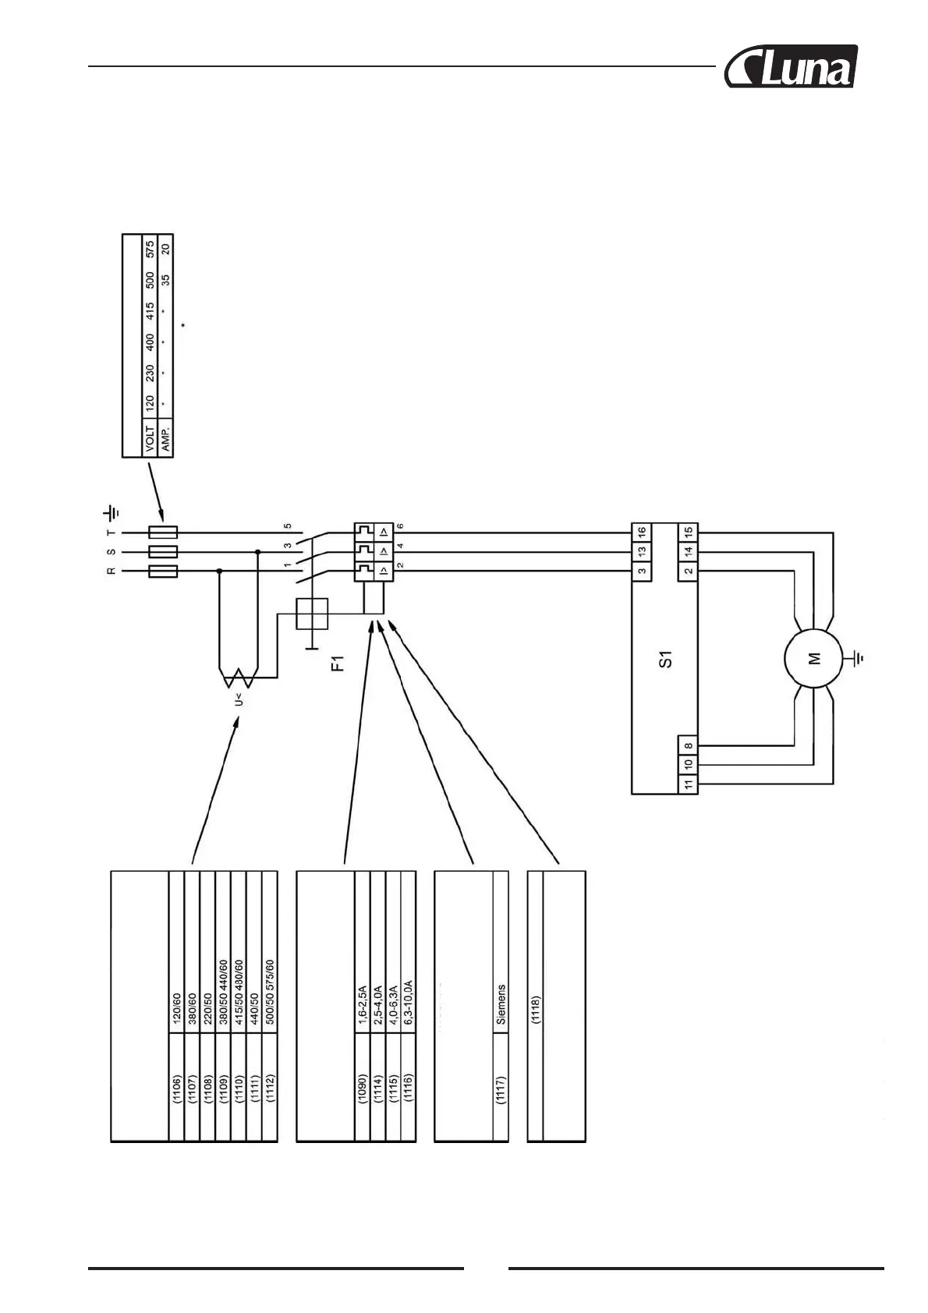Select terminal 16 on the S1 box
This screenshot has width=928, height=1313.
tap(641, 533)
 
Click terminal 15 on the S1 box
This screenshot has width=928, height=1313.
tap(689, 533)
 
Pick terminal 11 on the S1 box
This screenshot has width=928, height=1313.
tap(689, 784)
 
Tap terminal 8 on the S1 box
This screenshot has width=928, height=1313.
tap(689, 745)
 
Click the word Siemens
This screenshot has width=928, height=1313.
tap(501, 1003)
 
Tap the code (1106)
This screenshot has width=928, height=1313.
tap(177, 1091)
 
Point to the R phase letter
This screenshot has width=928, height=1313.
tap(112, 572)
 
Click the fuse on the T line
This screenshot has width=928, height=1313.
tap(162, 533)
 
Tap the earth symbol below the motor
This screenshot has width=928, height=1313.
tap(859, 659)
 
